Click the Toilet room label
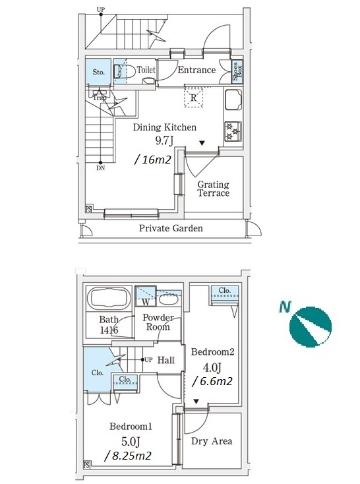click(146, 70)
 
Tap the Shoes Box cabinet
click(237, 71)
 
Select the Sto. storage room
click(98, 72)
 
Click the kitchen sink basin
click(233, 100)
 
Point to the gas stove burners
click(233, 131)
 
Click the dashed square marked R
click(194, 98)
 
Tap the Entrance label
click(196, 70)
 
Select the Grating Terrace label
click(214, 189)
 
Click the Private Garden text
click(171, 228)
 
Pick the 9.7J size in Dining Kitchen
click(164, 140)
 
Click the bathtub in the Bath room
click(109, 298)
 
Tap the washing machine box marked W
click(146, 296)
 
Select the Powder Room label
click(158, 322)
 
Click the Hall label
click(165, 360)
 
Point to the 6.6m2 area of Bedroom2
click(212, 382)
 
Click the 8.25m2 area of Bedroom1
click(128, 456)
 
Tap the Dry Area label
click(212, 440)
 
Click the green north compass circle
click(311, 327)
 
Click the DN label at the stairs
click(101, 168)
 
